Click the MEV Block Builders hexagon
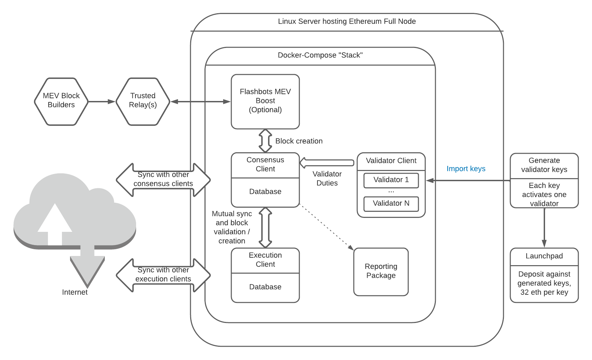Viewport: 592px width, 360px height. click(61, 101)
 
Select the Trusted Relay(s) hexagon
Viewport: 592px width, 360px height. click(143, 101)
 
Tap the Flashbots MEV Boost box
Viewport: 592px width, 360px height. click(265, 101)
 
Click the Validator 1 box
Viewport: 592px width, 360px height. click(391, 180)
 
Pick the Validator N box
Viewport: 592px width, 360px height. click(391, 204)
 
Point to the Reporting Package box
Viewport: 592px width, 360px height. click(381, 271)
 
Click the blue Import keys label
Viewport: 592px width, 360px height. click(466, 169)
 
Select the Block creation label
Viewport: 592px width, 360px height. click(299, 141)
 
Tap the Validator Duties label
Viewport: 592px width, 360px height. click(327, 178)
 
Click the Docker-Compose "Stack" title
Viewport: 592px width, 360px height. click(320, 55)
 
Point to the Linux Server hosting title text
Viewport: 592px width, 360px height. click(347, 21)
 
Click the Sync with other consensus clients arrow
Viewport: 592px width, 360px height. click(163, 179)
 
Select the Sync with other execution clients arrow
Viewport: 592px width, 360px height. click(163, 275)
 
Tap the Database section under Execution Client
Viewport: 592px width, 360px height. click(265, 287)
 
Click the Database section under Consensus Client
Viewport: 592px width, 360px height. click(265, 192)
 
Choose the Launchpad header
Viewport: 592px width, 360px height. click(544, 256)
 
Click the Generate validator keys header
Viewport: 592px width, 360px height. click(544, 165)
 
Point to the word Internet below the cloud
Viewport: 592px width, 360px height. click(75, 292)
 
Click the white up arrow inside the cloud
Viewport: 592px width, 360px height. click(55, 224)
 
